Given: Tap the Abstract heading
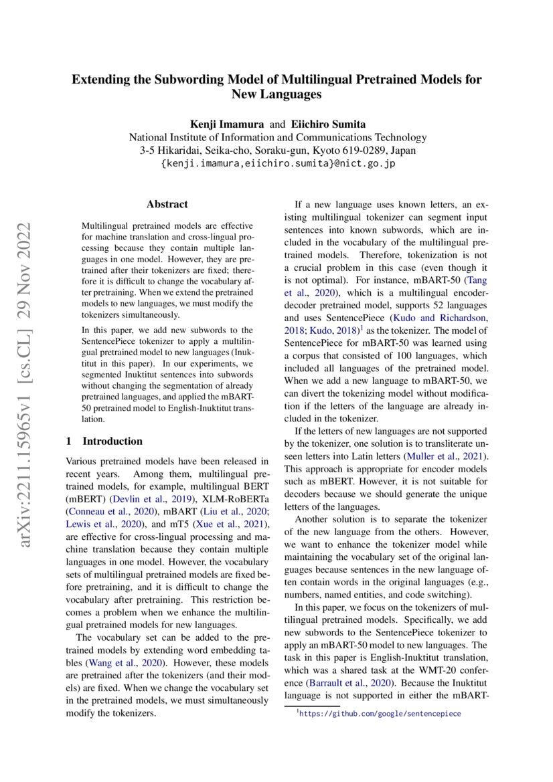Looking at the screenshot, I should [167, 204].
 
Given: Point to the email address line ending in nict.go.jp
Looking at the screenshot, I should [277, 164].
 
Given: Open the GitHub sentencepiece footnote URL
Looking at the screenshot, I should [380, 714].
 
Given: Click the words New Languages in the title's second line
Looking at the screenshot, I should [276, 95].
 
